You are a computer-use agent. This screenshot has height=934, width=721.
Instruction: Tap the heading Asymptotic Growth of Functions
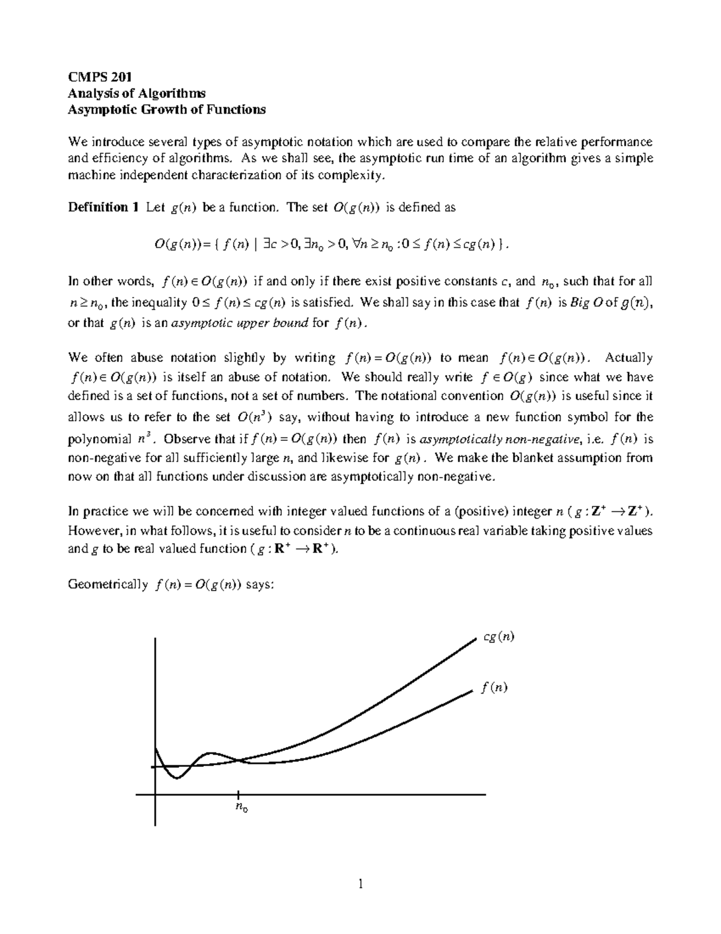click(166, 109)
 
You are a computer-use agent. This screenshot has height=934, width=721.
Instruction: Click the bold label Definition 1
click(99, 207)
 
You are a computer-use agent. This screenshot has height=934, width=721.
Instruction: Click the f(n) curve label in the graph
click(494, 687)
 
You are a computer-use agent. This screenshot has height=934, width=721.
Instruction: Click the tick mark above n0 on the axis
click(239, 794)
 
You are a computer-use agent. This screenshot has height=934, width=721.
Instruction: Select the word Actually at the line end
click(628, 358)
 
